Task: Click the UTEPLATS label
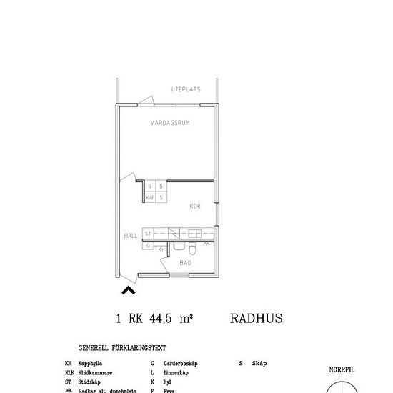coord(186,89)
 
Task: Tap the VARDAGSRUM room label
coord(169,123)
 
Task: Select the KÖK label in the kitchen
coord(195,206)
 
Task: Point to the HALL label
coord(130,234)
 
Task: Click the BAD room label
coord(185,263)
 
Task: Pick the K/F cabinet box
coord(150,197)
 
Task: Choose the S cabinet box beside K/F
coord(161,197)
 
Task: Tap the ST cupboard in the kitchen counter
coord(148,234)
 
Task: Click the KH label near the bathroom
coord(161,249)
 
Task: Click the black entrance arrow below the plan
coord(129,290)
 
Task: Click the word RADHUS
coord(257,319)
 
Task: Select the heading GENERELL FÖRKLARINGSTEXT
coord(122,349)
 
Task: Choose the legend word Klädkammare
coord(94,373)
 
